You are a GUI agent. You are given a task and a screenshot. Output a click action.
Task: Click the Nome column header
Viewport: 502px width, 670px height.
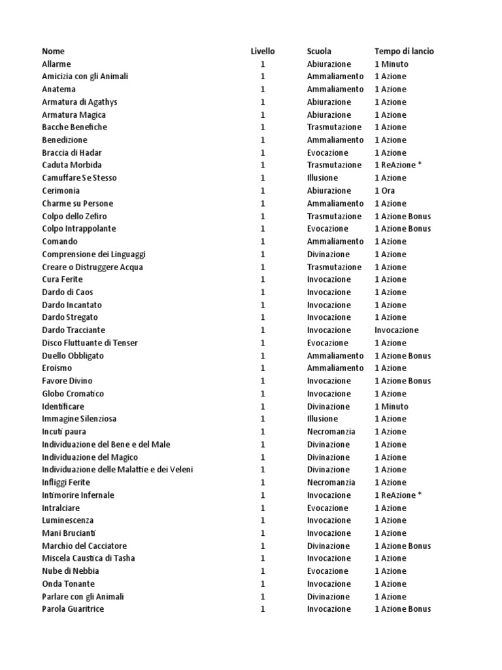coord(53,51)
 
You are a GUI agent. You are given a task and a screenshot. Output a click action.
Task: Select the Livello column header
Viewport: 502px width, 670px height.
coord(263,51)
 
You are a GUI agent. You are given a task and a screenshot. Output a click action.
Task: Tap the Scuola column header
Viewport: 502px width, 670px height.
coord(319,51)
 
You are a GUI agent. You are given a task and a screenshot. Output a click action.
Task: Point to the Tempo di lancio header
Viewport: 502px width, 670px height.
coord(404,51)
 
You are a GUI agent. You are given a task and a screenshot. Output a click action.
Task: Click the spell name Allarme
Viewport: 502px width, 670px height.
coord(56,64)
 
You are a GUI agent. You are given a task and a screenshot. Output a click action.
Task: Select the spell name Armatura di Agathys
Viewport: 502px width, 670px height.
coord(80,102)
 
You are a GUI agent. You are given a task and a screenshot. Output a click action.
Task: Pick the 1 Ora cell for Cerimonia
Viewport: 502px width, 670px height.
coord(385,190)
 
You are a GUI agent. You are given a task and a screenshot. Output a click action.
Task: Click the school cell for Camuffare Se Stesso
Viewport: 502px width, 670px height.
coord(323,178)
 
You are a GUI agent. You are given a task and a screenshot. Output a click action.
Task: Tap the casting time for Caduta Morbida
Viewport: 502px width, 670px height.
coord(398,165)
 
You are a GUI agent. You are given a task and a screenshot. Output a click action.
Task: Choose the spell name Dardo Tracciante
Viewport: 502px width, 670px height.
coord(73,330)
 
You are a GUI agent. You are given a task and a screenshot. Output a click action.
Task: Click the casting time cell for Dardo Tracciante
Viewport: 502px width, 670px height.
coord(397,330)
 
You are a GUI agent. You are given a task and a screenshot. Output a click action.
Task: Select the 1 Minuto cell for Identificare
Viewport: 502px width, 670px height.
coord(392,406)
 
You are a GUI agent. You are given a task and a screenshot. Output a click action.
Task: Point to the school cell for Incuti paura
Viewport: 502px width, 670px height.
coord(331,432)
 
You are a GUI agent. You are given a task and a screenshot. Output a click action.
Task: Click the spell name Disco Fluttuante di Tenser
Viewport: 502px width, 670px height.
coord(90,343)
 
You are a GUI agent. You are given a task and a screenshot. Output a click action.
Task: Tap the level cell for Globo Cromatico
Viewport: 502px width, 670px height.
coord(263,394)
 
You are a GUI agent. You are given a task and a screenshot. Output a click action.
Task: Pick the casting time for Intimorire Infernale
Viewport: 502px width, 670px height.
coord(398,495)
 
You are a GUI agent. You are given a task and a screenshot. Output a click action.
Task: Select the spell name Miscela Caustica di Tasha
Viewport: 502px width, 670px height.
coord(88,558)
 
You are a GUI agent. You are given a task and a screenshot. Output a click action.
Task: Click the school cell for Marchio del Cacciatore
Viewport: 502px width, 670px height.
coord(329,546)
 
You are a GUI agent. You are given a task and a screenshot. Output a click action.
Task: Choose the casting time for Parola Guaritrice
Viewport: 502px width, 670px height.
coord(403,609)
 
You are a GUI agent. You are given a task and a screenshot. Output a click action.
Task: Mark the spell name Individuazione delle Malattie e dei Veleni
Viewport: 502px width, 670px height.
coord(117,470)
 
